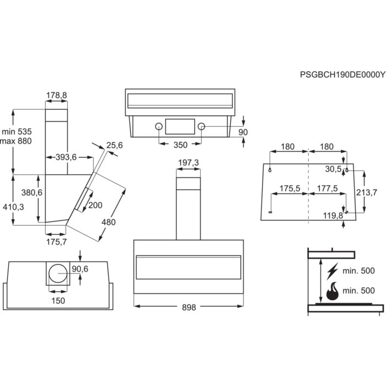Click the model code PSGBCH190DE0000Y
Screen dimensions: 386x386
(x=342, y=73)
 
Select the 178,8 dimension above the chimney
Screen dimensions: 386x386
(x=56, y=95)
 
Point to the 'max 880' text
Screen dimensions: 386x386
(x=17, y=141)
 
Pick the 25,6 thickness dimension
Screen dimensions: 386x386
(x=114, y=145)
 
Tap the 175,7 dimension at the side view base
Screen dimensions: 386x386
(x=56, y=242)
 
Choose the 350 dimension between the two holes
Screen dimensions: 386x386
(x=180, y=144)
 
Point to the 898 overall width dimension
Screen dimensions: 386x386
(x=189, y=308)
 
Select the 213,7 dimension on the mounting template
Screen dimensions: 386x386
(x=367, y=192)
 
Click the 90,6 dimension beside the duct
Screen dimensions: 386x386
(x=80, y=269)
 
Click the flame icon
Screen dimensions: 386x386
(x=332, y=291)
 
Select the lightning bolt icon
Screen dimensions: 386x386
(x=332, y=271)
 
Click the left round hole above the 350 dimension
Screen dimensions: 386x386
(x=159, y=126)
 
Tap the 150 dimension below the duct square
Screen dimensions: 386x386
(x=58, y=301)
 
